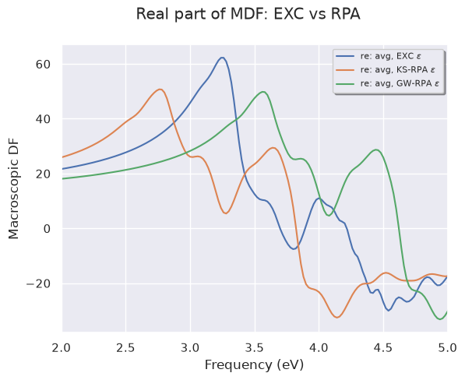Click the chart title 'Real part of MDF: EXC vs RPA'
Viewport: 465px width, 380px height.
248,14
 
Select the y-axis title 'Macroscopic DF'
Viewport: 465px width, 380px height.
13,188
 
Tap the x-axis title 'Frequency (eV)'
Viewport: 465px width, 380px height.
254,365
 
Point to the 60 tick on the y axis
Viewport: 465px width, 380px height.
44,65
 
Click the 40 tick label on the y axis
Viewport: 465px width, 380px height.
44,119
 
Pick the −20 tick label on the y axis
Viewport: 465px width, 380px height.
38,284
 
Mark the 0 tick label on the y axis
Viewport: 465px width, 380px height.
48,229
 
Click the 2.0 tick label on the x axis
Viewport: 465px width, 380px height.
62,348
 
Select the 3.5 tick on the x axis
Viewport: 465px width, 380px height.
255,348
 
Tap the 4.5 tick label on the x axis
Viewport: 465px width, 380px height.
383,348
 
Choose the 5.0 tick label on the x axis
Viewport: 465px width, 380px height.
447,348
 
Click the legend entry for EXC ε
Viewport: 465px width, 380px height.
379,56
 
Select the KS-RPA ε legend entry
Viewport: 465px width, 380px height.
386,69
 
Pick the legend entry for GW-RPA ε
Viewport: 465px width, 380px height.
387,83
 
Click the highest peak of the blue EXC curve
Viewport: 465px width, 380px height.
222,57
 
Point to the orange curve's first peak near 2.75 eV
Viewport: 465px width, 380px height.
160,90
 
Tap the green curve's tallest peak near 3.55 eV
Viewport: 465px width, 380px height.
263,92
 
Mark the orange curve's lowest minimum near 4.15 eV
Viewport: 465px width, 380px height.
337,318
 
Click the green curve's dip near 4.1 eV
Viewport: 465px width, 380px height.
329,216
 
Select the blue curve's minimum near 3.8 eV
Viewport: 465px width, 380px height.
294,249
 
